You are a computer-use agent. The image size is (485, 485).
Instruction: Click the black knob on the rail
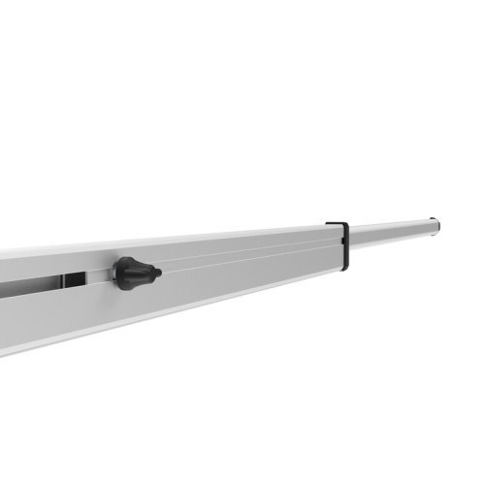pos(134,274)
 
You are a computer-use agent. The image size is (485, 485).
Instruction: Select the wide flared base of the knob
pos(121,274)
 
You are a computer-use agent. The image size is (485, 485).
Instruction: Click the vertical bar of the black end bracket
pos(346,244)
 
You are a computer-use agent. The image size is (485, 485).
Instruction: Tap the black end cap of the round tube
pos(436,224)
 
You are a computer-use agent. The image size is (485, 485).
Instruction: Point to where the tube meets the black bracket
pos(351,238)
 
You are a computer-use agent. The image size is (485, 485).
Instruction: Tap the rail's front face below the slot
pos(58,315)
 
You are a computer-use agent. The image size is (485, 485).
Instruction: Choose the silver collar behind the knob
pos(115,275)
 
